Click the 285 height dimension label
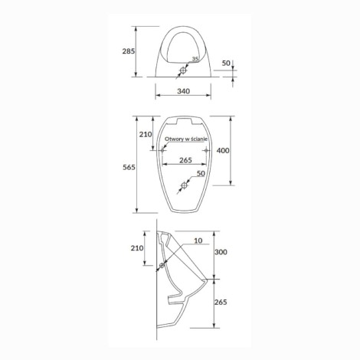(129, 51)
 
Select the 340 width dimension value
(183, 91)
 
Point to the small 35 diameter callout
(195, 59)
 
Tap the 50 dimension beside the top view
(226, 63)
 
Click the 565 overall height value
(129, 168)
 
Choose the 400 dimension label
(223, 151)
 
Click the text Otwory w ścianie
(186, 139)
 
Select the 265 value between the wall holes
(185, 160)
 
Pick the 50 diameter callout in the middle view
(201, 173)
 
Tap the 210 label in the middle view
(146, 134)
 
